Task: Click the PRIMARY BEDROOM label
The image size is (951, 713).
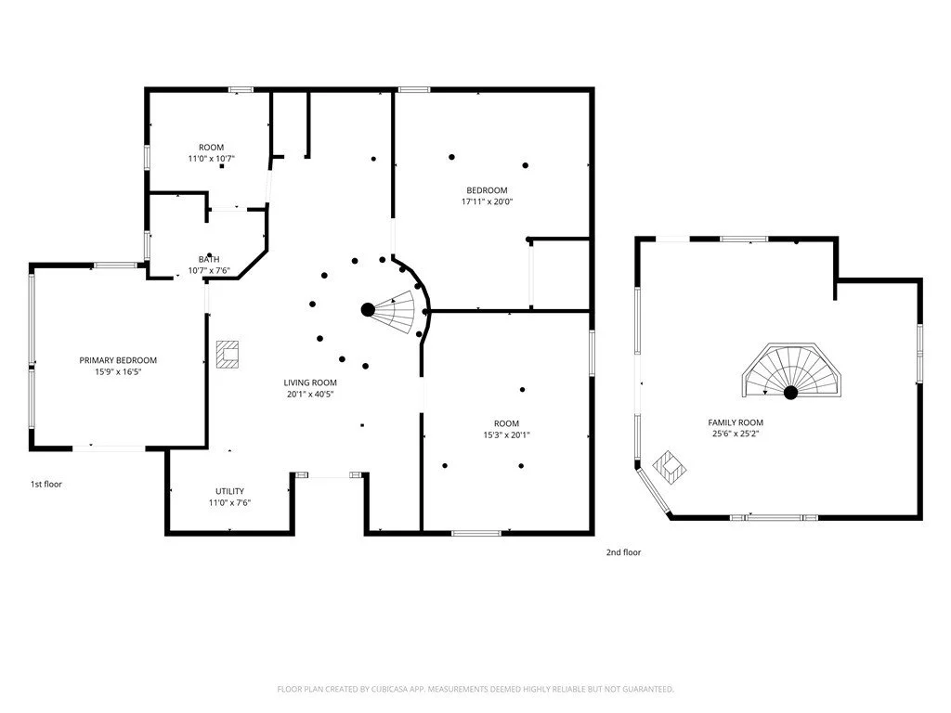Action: (x=118, y=360)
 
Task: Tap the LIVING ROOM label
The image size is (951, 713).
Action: (x=310, y=382)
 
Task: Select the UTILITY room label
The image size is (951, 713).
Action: (x=230, y=491)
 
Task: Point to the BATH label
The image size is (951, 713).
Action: (x=209, y=260)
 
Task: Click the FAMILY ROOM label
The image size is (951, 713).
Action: (x=736, y=422)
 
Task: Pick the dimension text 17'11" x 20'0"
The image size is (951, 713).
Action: (x=487, y=201)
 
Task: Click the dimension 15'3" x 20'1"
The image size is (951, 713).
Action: (x=506, y=434)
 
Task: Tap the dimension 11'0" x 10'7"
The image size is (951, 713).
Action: (x=211, y=159)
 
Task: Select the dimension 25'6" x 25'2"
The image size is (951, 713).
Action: (x=736, y=434)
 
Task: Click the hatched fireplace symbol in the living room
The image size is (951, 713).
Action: (x=228, y=356)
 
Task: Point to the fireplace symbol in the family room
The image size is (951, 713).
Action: (x=670, y=467)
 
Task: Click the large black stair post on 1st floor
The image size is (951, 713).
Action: (x=368, y=310)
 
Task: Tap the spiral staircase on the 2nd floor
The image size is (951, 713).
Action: (x=791, y=370)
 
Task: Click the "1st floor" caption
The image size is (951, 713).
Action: (x=46, y=484)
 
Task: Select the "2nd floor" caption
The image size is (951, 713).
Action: (x=623, y=552)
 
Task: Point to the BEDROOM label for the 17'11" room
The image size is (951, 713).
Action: (x=487, y=190)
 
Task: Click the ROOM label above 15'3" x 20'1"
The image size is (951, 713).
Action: (x=506, y=423)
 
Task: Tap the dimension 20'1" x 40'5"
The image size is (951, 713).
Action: (x=310, y=394)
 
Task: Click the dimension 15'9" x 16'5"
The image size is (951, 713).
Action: (x=118, y=371)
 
